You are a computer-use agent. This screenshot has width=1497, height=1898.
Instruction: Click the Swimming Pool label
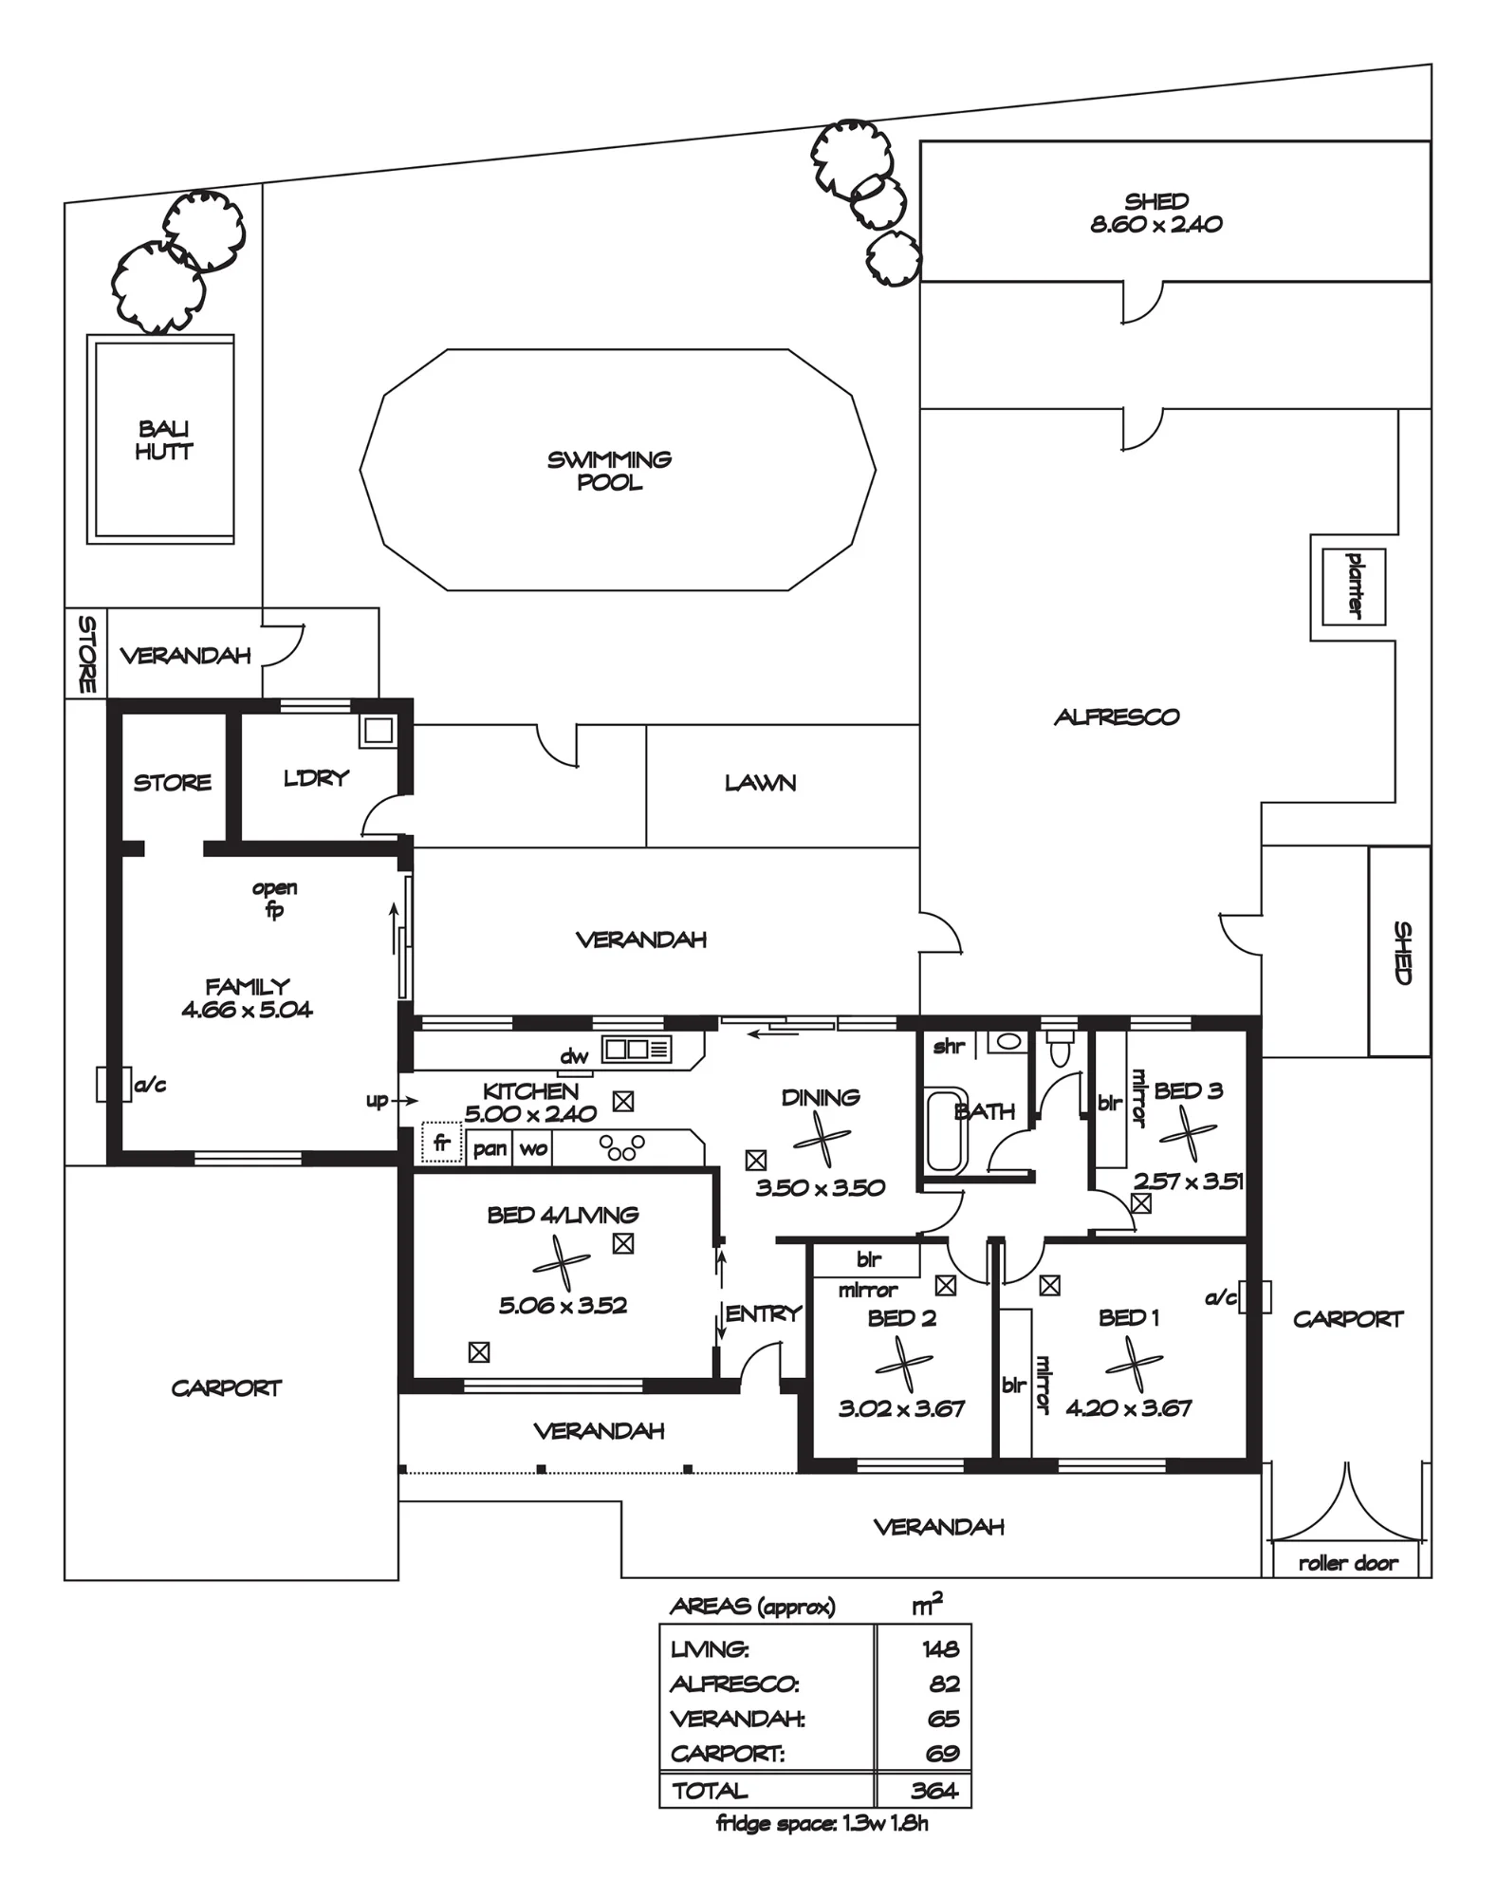click(609, 471)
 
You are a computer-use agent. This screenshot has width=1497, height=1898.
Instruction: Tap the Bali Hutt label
click(164, 440)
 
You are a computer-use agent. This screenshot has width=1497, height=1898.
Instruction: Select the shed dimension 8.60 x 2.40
click(1156, 225)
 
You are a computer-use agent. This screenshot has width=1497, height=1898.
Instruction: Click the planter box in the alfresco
click(1354, 586)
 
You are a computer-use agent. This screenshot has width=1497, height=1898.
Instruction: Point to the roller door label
click(1348, 1563)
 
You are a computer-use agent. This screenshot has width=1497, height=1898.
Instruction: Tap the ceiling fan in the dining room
click(822, 1140)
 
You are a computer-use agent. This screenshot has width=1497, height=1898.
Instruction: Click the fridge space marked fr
click(442, 1143)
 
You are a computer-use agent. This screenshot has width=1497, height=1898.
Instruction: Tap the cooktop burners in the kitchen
click(622, 1147)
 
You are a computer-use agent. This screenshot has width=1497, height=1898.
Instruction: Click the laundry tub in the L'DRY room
click(379, 731)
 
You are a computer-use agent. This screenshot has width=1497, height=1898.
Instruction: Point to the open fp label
click(274, 899)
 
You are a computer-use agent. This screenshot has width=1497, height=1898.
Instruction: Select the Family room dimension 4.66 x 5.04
click(247, 1010)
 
